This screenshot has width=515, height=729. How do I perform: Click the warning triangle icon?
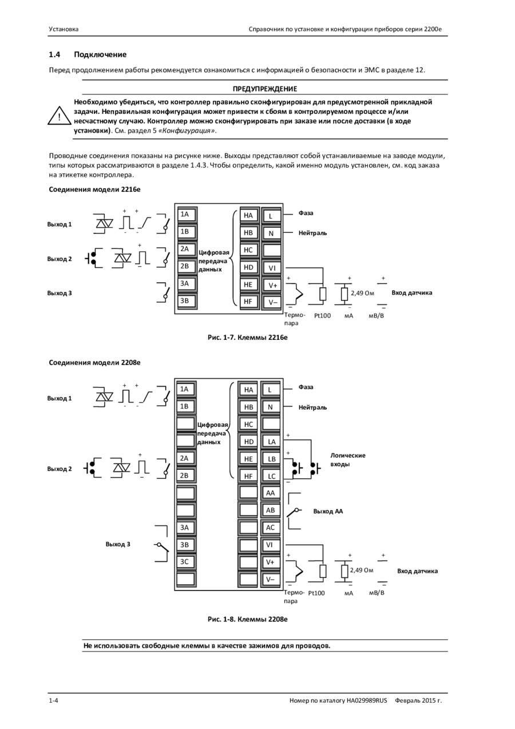(x=60, y=116)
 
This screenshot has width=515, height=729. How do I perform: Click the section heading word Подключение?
(x=100, y=54)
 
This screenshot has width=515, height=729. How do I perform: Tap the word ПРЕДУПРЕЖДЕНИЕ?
(x=265, y=89)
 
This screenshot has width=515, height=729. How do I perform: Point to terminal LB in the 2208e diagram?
(x=271, y=459)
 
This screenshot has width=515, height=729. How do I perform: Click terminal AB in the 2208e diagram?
(x=270, y=510)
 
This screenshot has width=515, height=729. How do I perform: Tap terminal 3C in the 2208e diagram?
(x=185, y=562)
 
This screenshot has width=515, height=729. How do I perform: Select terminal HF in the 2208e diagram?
(x=248, y=477)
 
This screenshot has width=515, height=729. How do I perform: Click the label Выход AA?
(x=328, y=512)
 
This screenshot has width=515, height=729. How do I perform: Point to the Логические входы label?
(x=348, y=459)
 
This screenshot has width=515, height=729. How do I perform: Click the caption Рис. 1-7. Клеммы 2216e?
(x=247, y=338)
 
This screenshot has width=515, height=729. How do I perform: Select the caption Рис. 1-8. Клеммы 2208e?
(x=247, y=619)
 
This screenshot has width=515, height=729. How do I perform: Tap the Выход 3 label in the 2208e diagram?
(x=118, y=544)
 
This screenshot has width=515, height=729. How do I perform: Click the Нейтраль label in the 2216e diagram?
(x=312, y=233)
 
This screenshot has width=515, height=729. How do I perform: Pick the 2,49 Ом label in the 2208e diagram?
(x=361, y=570)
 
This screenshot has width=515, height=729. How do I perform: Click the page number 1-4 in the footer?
(x=53, y=700)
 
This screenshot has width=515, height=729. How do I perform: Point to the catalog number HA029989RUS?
(x=366, y=700)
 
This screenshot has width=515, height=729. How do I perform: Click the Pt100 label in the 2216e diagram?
(x=322, y=316)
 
